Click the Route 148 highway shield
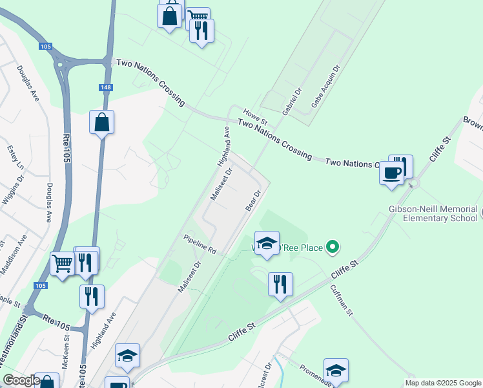click(x=105, y=87)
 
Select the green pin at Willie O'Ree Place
click(x=333, y=246)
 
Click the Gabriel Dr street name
click(x=293, y=102)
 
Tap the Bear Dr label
click(x=253, y=199)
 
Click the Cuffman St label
click(x=342, y=301)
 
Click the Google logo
click(x=21, y=380)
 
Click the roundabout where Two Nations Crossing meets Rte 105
click(x=64, y=63)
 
